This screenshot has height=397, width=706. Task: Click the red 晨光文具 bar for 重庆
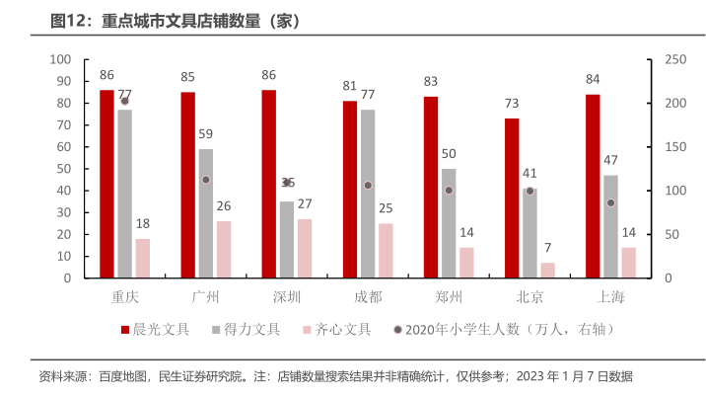coord(106,184)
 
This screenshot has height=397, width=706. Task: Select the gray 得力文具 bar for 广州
coord(205,213)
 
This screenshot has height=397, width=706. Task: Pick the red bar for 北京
coord(512,198)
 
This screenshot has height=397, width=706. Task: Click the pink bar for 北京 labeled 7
coord(547,271)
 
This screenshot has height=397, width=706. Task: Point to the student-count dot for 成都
coord(368,186)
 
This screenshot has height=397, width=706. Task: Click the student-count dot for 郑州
coord(449,190)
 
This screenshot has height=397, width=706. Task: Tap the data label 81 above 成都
coord(350,86)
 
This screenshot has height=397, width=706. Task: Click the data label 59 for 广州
coord(205,134)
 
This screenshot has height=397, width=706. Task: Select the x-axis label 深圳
coord(287,296)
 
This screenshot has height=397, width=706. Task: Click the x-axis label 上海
coord(610,296)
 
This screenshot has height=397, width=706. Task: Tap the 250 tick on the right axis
coord(674,60)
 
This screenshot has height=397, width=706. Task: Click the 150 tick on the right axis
coord(674,147)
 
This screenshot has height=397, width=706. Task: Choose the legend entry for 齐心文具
coord(335,330)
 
